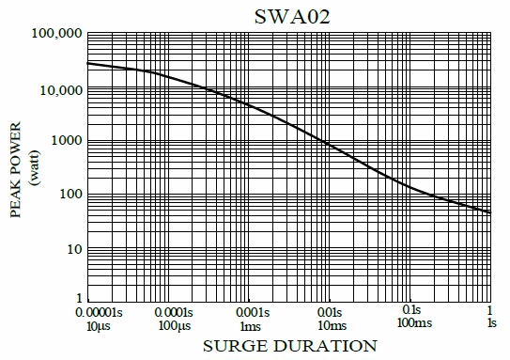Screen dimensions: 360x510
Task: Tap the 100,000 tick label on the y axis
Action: pyautogui.click(x=57, y=34)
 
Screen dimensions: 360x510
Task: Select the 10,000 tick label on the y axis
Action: pyautogui.click(x=60, y=89)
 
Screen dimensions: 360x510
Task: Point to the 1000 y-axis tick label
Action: pyautogui.click(x=65, y=141)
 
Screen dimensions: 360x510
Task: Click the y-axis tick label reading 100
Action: pyautogui.click(x=69, y=195)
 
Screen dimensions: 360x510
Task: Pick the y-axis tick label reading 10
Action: pyautogui.click(x=72, y=249)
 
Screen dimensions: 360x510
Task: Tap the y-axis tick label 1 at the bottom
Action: pyautogui.click(x=77, y=299)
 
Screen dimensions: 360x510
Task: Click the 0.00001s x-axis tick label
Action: pyautogui.click(x=87, y=310)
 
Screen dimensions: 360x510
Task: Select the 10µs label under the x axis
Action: pyautogui.click(x=87, y=324)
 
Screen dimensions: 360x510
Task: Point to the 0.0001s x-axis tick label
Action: pyautogui.click(x=168, y=310)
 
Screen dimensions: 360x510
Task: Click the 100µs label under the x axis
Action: pyautogui.click(x=168, y=324)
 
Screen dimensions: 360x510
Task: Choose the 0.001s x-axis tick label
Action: pyautogui.click(x=249, y=310)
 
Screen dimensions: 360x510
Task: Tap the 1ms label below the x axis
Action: pyautogui.click(x=249, y=324)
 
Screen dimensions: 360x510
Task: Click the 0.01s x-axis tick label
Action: pyautogui.click(x=330, y=310)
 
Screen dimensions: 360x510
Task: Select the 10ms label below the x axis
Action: pyautogui.click(x=330, y=324)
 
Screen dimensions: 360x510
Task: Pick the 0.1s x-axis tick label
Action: pyautogui.click(x=410, y=310)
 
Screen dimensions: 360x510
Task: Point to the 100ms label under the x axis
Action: pyautogui.click(x=410, y=324)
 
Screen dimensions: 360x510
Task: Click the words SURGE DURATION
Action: pyautogui.click(x=289, y=346)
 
